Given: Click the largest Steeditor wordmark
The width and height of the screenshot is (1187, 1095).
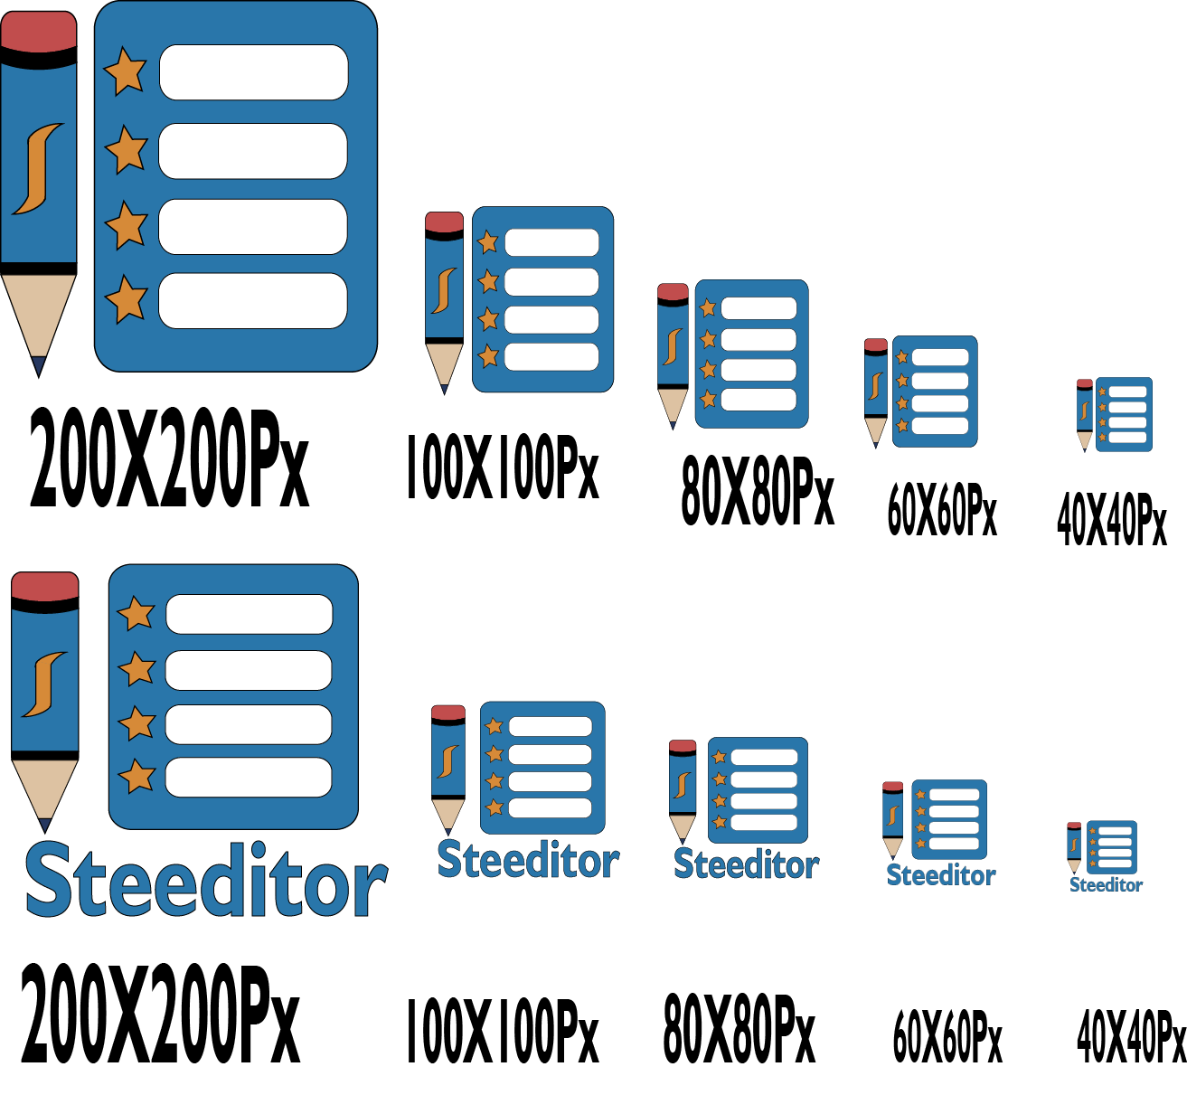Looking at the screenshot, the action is tap(207, 880).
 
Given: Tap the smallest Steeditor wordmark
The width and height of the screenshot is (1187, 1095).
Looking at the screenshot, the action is tap(1106, 884).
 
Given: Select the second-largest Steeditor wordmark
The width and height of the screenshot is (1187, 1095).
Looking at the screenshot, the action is tap(528, 859).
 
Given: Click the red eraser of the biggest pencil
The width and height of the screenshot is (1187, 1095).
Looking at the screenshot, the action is tap(39, 31).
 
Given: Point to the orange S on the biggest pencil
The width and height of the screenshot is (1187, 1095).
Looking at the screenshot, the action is tap(38, 169).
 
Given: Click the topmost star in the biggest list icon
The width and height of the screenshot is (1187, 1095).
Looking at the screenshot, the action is tap(126, 71).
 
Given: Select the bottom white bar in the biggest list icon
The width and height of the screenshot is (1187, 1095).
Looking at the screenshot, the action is tap(253, 301).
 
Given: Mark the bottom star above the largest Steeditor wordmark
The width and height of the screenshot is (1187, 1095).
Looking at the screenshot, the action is tap(137, 776).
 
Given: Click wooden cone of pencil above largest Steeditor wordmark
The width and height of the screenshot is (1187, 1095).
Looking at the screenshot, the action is tap(45, 789).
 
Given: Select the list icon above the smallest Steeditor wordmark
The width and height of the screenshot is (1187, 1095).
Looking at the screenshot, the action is tap(1112, 847).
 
